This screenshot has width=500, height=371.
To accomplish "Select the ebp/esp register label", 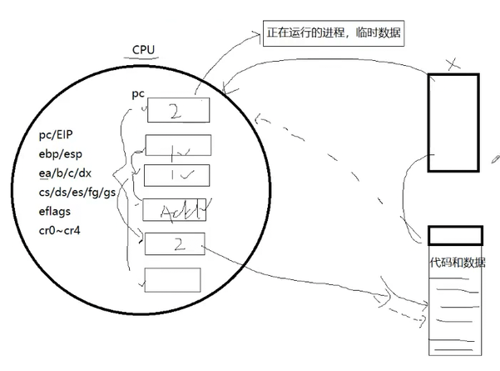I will (x=61, y=153).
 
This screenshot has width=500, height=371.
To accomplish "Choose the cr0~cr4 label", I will (x=63, y=228).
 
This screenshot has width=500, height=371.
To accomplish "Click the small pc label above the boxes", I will (x=139, y=93).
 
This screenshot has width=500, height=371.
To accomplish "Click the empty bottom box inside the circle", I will (x=171, y=279).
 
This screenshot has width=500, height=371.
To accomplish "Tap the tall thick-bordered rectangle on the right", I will (x=453, y=122).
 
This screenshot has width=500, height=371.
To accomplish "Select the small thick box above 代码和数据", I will (x=455, y=234).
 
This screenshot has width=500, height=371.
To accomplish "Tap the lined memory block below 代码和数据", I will (x=454, y=308).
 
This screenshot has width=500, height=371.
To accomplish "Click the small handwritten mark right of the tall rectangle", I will (x=494, y=157).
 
